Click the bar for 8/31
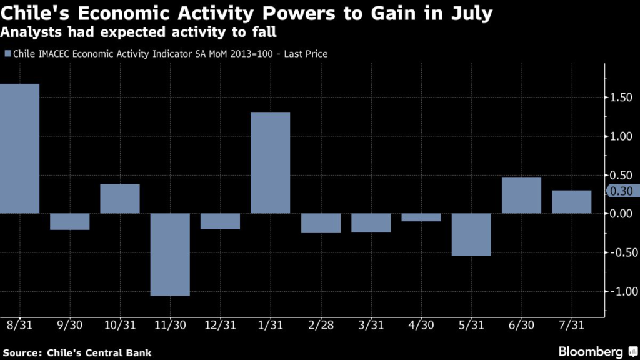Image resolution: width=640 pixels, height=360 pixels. (x=20, y=148)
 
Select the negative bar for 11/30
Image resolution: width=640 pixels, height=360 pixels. (x=170, y=254)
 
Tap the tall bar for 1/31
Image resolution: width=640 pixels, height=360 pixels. (x=271, y=162)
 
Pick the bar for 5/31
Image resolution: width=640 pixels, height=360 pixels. (x=471, y=234)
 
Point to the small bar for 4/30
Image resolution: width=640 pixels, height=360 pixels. (x=421, y=217)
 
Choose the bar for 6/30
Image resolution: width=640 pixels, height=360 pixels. (x=521, y=195)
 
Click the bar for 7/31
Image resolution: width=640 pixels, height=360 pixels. (x=571, y=202)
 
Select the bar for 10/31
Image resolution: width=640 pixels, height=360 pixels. (x=120, y=199)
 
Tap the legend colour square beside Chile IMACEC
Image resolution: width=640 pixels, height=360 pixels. (x=7, y=54)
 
